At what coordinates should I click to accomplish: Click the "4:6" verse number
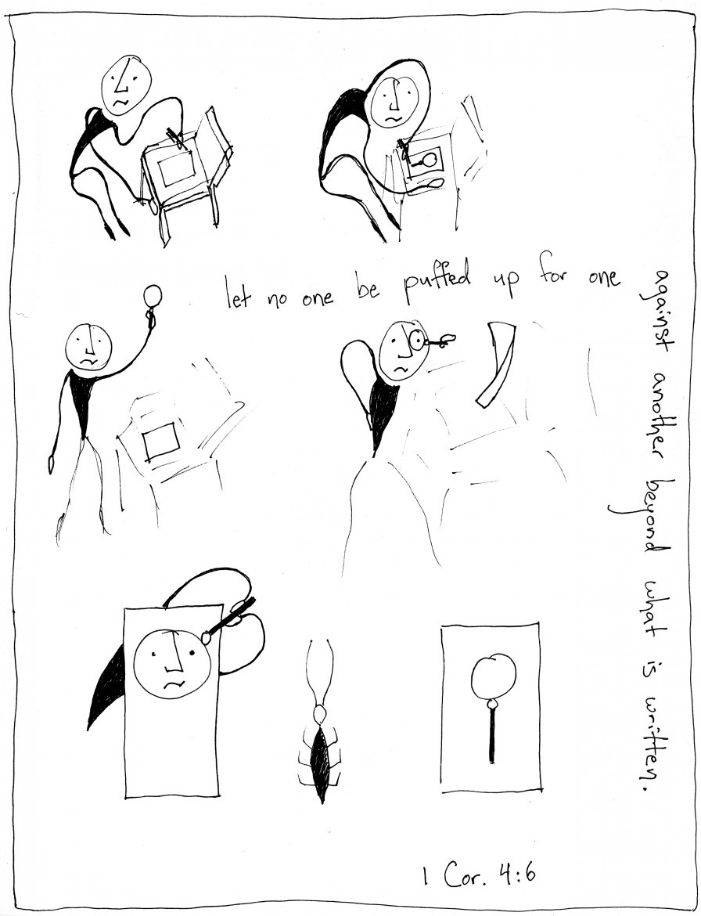[x=517, y=875]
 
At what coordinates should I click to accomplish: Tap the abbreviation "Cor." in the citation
[x=465, y=876]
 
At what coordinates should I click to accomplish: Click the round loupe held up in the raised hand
[x=153, y=294]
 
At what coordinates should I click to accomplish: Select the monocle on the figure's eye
[x=417, y=339]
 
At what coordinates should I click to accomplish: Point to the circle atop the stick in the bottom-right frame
[x=494, y=676]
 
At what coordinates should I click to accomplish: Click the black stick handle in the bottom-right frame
[x=493, y=734]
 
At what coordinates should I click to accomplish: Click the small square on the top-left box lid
[x=176, y=169]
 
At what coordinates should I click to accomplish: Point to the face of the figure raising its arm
[x=88, y=345]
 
